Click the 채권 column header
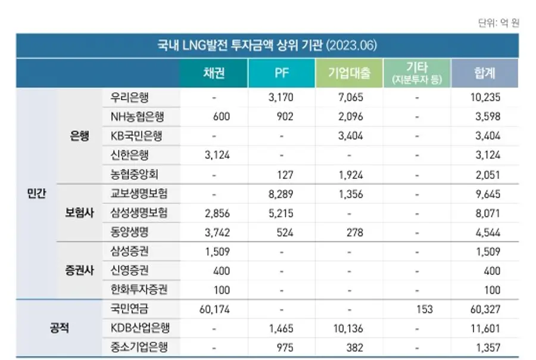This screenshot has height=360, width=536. coord(214,73)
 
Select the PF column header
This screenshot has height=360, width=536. coord(281,73)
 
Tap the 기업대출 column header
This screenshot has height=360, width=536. coord(350,73)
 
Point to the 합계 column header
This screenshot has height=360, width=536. coord(485,73)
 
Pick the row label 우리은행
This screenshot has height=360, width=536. coord(130,97)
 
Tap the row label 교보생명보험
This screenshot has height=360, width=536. coord(139,194)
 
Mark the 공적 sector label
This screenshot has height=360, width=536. coord(58,328)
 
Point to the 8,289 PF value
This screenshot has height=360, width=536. coord(281,194)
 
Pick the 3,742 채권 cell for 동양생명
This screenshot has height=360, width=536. coord(217,232)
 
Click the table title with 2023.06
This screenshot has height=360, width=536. coord(267,46)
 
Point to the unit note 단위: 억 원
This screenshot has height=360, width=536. coord(498,23)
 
